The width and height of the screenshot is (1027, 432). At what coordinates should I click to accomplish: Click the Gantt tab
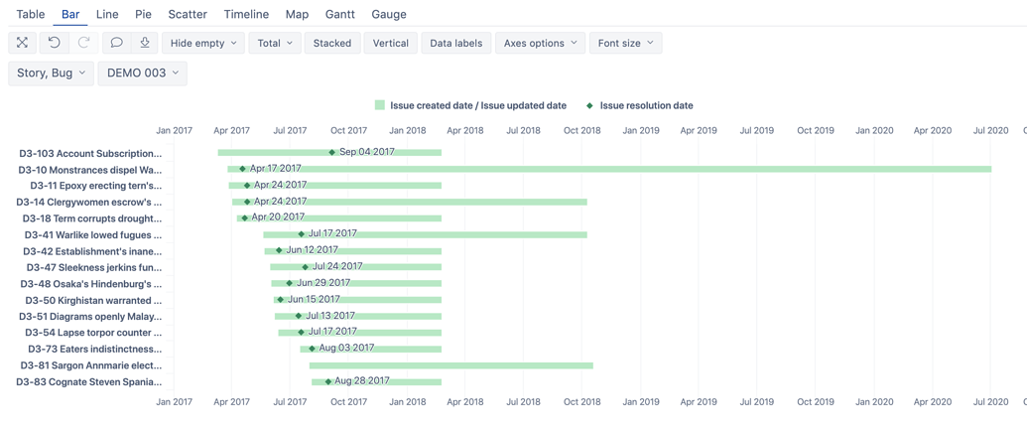[339, 14]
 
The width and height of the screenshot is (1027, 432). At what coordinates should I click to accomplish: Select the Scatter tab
[188, 14]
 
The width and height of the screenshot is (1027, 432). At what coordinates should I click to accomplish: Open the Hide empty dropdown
[203, 43]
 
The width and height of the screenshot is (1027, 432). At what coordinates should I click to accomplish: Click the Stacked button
[331, 43]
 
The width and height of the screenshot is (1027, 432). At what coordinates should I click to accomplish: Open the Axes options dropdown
[540, 43]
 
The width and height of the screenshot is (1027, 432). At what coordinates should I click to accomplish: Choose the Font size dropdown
[625, 43]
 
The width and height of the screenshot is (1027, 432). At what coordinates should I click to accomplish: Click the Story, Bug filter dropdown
[52, 72]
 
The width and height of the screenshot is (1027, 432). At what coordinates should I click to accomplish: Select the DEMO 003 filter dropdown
[142, 72]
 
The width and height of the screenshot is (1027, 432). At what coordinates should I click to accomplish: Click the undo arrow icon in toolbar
[55, 43]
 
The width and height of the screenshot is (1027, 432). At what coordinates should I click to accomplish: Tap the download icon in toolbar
[145, 43]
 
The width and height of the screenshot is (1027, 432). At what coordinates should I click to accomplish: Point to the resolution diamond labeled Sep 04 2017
[332, 153]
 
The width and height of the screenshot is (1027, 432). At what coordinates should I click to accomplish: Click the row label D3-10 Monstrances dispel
[90, 170]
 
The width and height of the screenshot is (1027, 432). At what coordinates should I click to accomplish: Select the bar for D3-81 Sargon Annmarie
[450, 365]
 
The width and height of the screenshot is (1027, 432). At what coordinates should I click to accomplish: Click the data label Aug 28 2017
[362, 380]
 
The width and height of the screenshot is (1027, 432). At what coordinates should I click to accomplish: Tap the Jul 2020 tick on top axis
[990, 130]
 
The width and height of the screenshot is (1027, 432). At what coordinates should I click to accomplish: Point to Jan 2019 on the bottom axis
[640, 402]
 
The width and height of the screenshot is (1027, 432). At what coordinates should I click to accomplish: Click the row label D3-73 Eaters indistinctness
[94, 349]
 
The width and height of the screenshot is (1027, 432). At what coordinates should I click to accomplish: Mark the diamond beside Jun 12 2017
[279, 250]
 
